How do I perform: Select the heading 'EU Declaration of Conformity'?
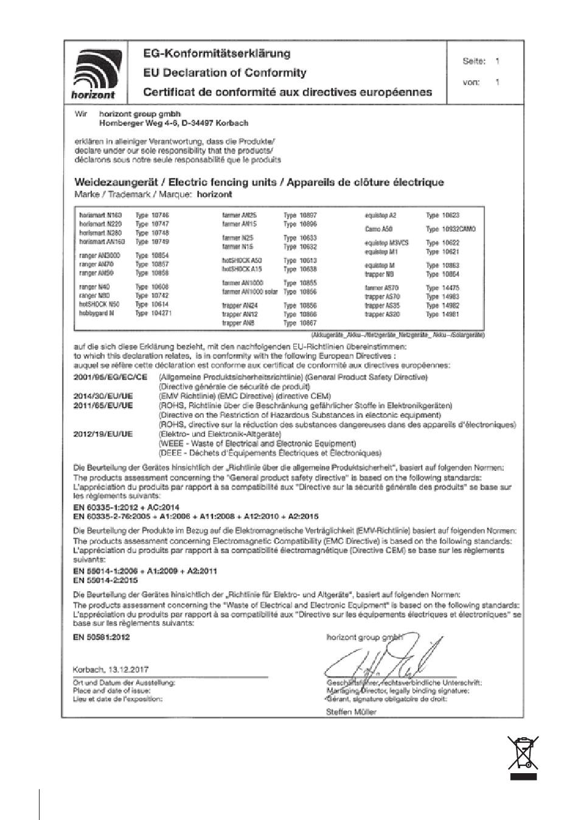tap(225, 73)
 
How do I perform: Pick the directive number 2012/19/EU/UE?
tap(103, 434)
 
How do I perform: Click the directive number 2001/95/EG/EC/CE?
tap(110, 378)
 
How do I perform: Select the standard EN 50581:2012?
tap(101, 637)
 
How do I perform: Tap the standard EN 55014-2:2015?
tap(105, 580)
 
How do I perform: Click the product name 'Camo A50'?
tap(378, 229)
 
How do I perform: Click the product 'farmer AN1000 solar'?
tap(250, 292)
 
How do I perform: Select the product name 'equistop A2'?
tap(380, 215)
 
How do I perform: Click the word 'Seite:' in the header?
tap(474, 61)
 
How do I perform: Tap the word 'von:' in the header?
tap(471, 82)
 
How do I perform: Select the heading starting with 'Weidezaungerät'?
tap(259, 182)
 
